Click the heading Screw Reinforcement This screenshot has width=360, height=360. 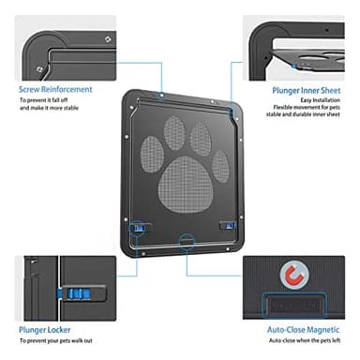tap(53, 90)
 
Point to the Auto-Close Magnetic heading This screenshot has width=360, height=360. tap(302, 330)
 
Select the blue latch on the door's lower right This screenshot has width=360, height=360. tap(226, 226)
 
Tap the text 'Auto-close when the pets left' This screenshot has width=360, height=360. tap(301, 343)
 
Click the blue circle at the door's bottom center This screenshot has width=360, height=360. tap(185, 242)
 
